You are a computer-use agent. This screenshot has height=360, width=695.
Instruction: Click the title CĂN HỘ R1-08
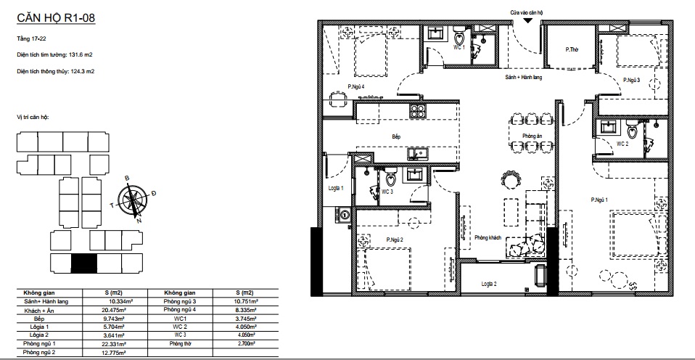pyautogui.click(x=56, y=18)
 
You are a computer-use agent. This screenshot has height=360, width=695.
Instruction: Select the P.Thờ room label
pyautogui.click(x=572, y=49)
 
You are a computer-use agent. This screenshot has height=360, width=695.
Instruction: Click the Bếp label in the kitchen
pyautogui.click(x=396, y=137)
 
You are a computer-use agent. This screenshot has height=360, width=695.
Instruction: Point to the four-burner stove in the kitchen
pyautogui.click(x=418, y=110)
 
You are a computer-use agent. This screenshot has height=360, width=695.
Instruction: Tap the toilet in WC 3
pyautogui.click(x=391, y=177)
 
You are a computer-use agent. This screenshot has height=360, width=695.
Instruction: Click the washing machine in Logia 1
pyautogui.click(x=344, y=214)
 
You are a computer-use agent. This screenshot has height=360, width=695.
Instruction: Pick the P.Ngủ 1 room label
pyautogui.click(x=599, y=200)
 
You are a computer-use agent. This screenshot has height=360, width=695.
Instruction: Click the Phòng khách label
pyautogui.click(x=488, y=237)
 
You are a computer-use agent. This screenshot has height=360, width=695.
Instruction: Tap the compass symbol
pyautogui.click(x=133, y=199)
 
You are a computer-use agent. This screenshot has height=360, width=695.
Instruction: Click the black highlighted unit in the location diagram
pyautogui.click(x=84, y=263)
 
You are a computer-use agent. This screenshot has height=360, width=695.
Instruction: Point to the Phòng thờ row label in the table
pyautogui.click(x=179, y=343)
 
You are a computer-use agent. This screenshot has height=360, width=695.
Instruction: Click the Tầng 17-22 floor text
pyautogui.click(x=31, y=39)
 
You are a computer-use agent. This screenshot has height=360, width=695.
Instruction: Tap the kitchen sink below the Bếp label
pyautogui.click(x=418, y=153)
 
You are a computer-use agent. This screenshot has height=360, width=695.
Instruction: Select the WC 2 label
pyautogui.click(x=622, y=144)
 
